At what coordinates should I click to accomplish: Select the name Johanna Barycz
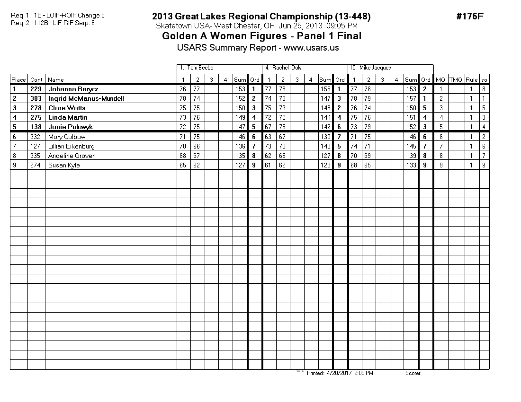pyautogui.click(x=73, y=89)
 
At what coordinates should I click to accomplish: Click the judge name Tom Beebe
pyautogui.click(x=200, y=68)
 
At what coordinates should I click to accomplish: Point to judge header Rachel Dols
pyautogui.click(x=287, y=68)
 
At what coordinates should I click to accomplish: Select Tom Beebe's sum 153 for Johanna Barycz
pyautogui.click(x=240, y=89)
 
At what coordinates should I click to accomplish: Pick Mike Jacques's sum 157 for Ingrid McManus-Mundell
pyautogui.click(x=411, y=98)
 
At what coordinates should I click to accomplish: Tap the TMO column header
pyautogui.click(x=456, y=80)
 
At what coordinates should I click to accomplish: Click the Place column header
pyautogui.click(x=18, y=80)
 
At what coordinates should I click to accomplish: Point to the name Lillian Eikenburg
pyautogui.click(x=72, y=146)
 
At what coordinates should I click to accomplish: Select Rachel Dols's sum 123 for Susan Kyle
pyautogui.click(x=325, y=165)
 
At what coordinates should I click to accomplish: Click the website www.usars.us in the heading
pyautogui.click(x=311, y=48)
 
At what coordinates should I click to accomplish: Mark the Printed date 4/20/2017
pyautogui.click(x=337, y=373)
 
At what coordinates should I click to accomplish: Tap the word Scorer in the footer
pyautogui.click(x=413, y=373)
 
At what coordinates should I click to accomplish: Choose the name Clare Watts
pyautogui.click(x=67, y=108)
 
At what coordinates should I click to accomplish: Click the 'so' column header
pyautogui.click(x=484, y=80)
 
